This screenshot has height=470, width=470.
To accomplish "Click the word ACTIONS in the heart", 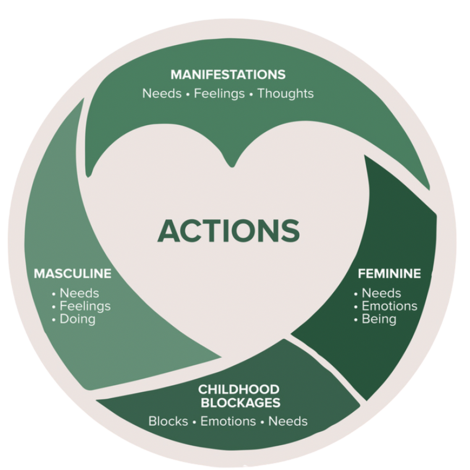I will tap(229, 231).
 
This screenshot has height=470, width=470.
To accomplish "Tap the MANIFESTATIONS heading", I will tap(228, 75).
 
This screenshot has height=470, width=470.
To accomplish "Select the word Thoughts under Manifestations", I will tap(285, 93).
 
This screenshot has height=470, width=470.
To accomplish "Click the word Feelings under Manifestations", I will tap(219, 93).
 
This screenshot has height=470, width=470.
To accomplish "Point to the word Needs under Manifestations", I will tap(162, 93).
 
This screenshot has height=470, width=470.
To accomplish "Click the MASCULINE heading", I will tap(73, 274).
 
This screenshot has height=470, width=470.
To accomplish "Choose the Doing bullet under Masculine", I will tap(77, 319).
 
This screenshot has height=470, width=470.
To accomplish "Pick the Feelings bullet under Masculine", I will tap(85, 306).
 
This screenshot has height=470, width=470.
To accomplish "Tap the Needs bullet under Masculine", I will tap(79, 293).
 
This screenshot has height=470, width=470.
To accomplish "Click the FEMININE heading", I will tap(389, 274).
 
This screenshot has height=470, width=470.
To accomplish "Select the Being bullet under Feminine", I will tap(379, 319).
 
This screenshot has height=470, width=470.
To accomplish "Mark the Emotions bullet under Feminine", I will tap(389, 306).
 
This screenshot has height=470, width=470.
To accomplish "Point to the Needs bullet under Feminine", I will tap(381, 293).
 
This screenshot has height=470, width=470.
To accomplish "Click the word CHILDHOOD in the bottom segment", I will tap(239, 389).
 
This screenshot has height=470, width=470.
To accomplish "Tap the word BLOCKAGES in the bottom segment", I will tap(240, 403).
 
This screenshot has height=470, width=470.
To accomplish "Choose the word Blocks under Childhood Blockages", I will tap(168, 421).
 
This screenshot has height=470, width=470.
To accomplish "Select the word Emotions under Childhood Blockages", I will tap(228, 421).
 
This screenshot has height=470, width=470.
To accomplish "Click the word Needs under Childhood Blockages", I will tap(288, 421).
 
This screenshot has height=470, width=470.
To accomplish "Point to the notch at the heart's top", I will tap(231, 165).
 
